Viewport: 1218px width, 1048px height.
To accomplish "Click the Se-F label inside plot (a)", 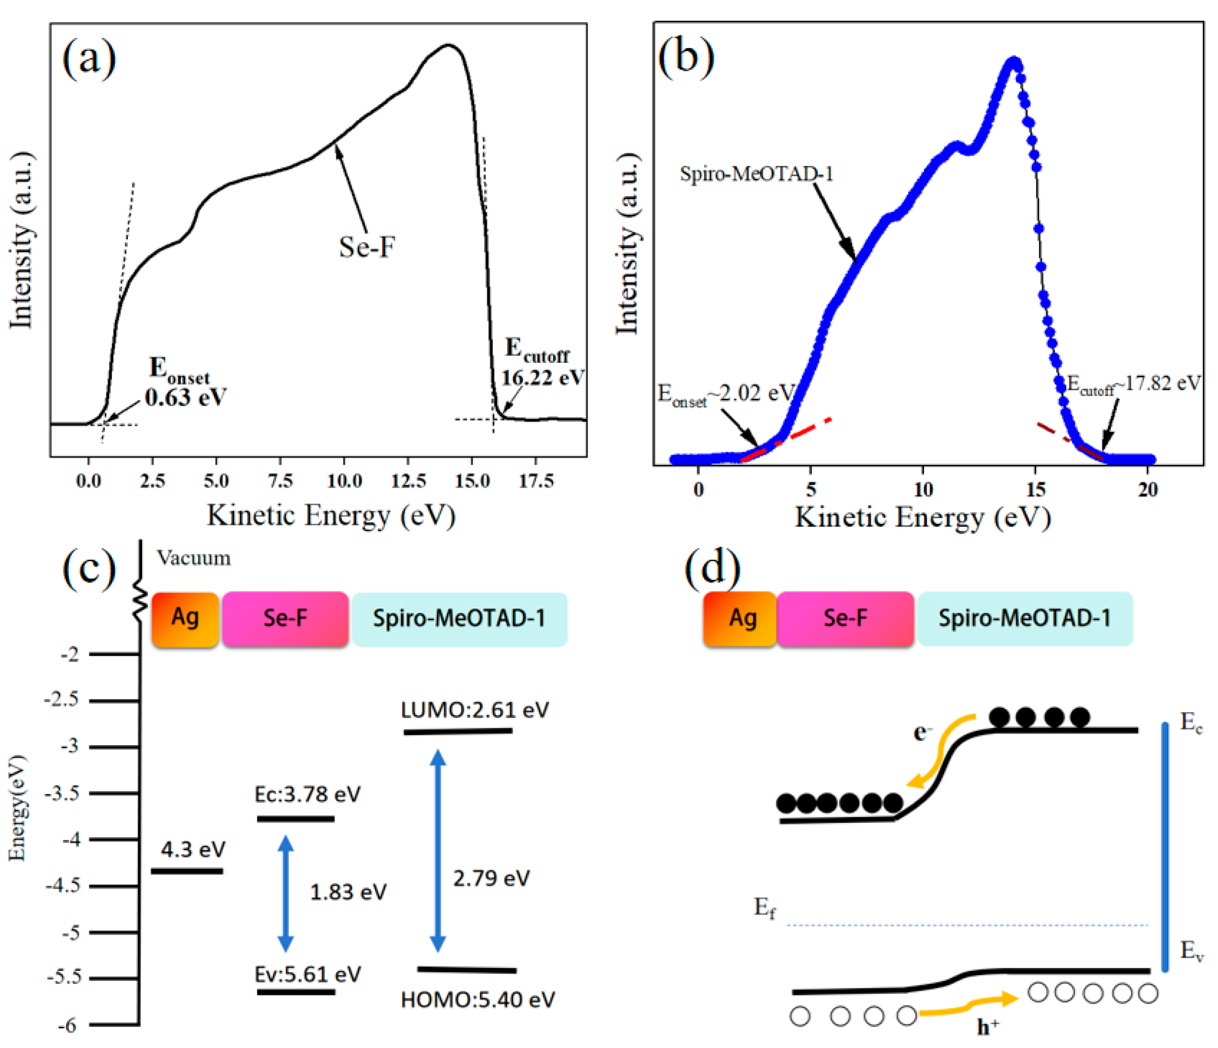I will pyautogui.click(x=367, y=247).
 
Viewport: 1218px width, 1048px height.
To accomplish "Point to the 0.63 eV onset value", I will pyautogui.click(x=185, y=398).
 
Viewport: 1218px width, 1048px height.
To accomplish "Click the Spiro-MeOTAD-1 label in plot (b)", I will pyautogui.click(x=756, y=174).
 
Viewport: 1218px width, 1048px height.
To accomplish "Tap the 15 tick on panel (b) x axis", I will pyautogui.click(x=1036, y=489).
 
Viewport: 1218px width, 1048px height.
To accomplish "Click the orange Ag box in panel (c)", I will pyautogui.click(x=185, y=619).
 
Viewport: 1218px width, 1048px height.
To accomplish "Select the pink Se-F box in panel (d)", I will pyautogui.click(x=845, y=619).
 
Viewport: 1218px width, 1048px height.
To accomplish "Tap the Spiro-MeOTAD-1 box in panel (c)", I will pyautogui.click(x=459, y=619).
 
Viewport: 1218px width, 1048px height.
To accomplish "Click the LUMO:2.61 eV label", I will pyautogui.click(x=474, y=710).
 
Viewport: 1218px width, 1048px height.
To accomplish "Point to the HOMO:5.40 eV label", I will pyautogui.click(x=477, y=999).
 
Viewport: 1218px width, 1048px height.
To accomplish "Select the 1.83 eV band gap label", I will pyautogui.click(x=348, y=892).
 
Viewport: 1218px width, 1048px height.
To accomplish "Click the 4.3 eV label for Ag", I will pyautogui.click(x=193, y=849).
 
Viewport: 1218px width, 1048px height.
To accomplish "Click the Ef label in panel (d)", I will pyautogui.click(x=765, y=908).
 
